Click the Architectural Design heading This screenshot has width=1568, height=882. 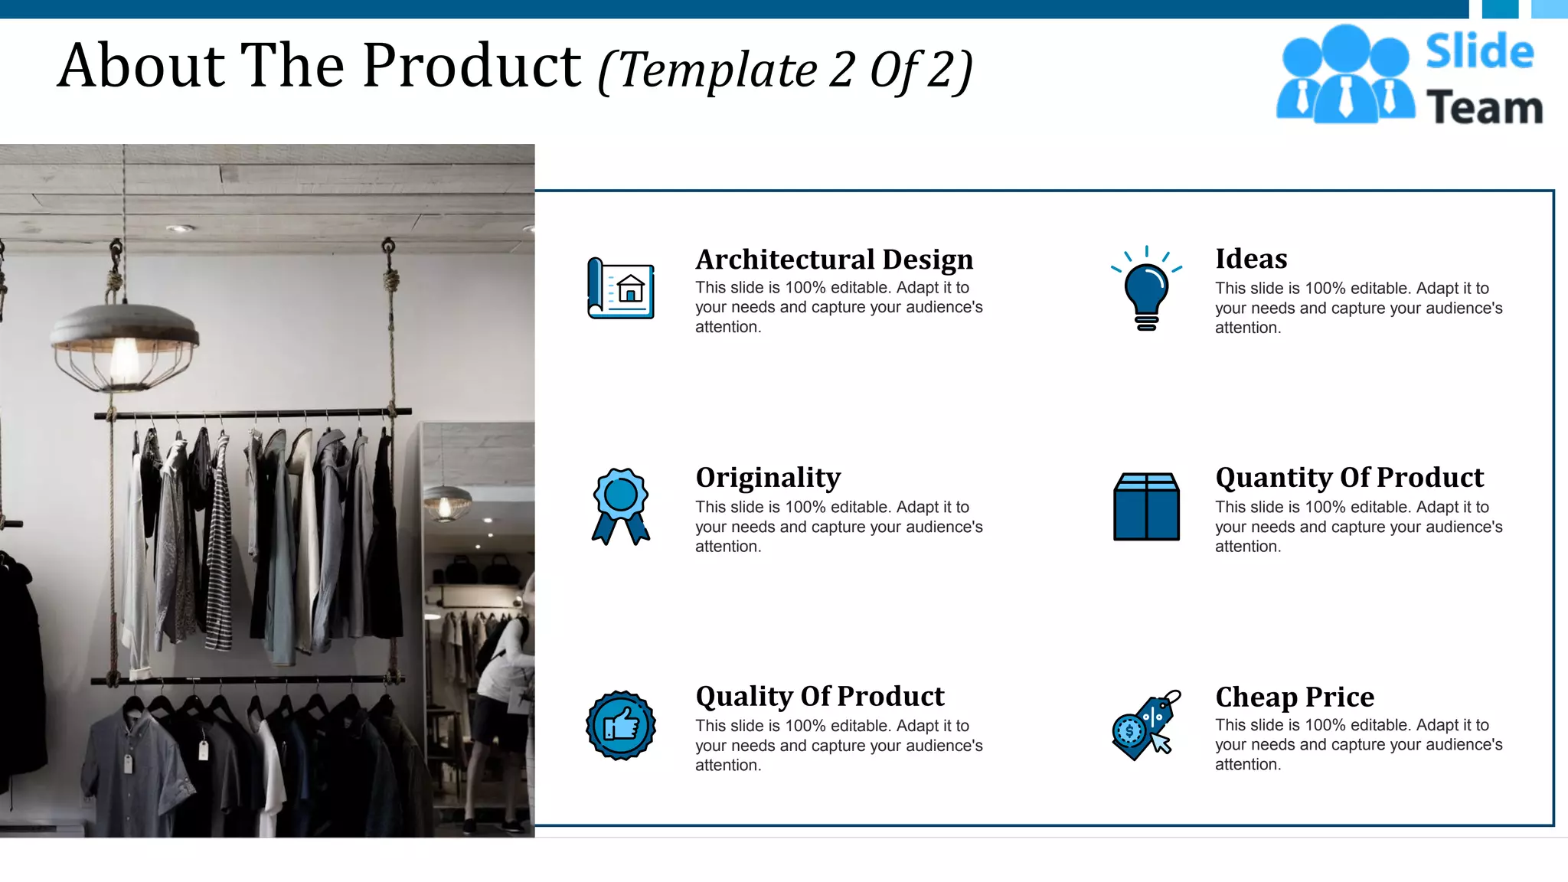pyautogui.click(x=834, y=260)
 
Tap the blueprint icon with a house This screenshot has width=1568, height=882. pyautogui.click(x=621, y=288)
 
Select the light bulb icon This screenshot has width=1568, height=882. pyautogui.click(x=1146, y=289)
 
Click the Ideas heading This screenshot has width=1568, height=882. pyautogui.click(x=1251, y=259)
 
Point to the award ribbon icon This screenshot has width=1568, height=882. pyautogui.click(x=621, y=506)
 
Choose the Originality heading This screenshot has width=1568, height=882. pyautogui.click(x=768, y=478)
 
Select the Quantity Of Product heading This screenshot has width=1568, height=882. pyautogui.click(x=1349, y=478)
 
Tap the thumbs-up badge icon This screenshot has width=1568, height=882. pyautogui.click(x=621, y=725)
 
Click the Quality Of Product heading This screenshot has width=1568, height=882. pyautogui.click(x=820, y=696)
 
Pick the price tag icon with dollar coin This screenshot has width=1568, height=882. pyautogui.click(x=1145, y=725)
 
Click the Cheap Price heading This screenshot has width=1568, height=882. pyautogui.click(x=1295, y=697)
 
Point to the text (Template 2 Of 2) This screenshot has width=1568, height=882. pyautogui.click(x=786, y=70)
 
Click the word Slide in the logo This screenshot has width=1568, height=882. pyautogui.click(x=1479, y=51)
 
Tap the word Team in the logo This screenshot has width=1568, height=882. pyautogui.click(x=1485, y=106)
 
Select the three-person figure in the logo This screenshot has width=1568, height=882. pyautogui.click(x=1344, y=75)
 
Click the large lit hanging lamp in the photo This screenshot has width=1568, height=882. pyautogui.click(x=125, y=345)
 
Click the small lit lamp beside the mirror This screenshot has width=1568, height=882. pyautogui.click(x=446, y=502)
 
